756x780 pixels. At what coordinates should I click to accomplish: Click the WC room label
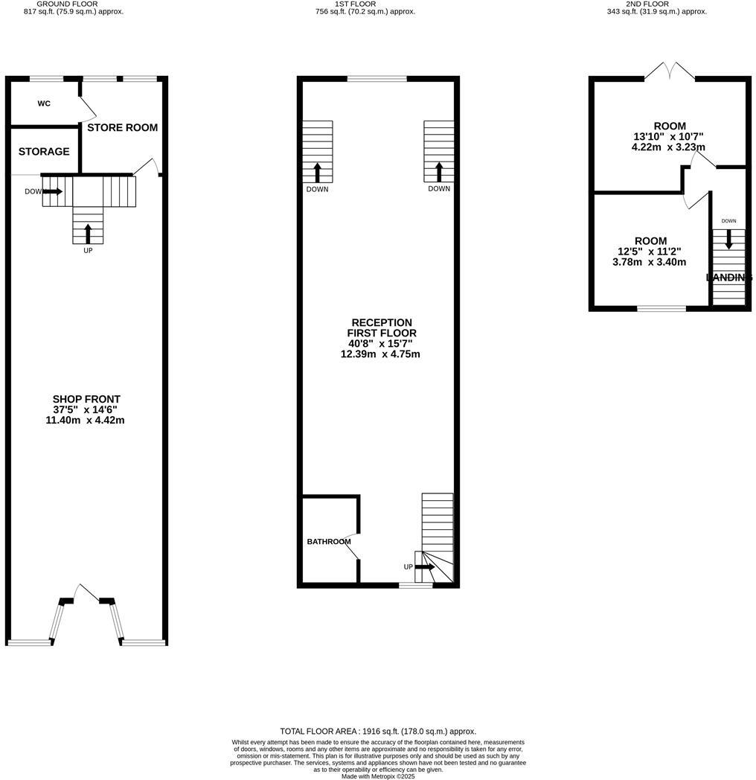(44, 103)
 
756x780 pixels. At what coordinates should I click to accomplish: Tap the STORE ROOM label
(123, 127)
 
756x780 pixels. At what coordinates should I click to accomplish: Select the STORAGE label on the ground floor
(44, 151)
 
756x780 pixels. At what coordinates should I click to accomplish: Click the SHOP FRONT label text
(86, 400)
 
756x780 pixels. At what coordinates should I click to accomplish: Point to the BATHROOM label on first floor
(329, 541)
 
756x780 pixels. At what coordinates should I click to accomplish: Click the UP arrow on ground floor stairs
(88, 234)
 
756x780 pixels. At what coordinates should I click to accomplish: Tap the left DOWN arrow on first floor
(317, 173)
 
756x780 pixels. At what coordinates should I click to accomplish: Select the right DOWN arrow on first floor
(438, 173)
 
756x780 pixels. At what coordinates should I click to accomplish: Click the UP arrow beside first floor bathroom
(425, 567)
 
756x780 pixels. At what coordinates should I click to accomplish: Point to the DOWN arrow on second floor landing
(728, 238)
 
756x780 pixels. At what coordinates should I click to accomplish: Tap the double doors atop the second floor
(670, 71)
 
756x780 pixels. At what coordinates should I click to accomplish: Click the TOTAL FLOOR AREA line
(377, 731)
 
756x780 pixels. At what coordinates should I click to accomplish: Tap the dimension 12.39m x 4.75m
(380, 354)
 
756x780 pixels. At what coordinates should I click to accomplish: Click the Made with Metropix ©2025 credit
(377, 776)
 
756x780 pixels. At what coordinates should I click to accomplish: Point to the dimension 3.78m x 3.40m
(649, 262)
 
